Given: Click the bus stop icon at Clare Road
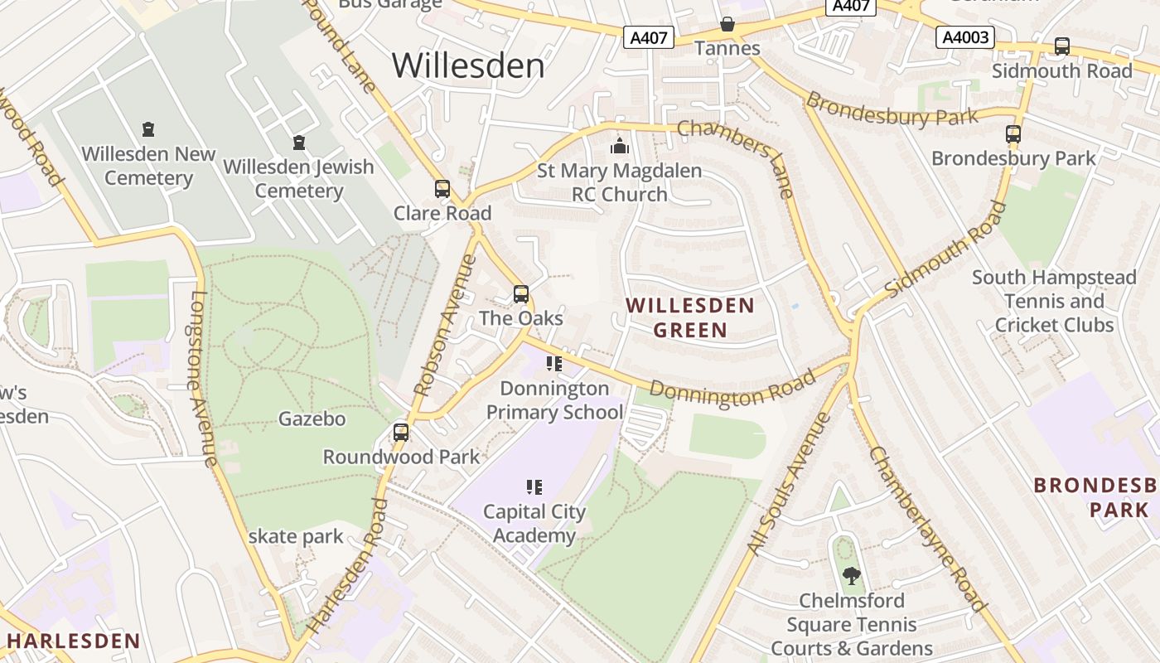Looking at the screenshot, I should (x=442, y=189).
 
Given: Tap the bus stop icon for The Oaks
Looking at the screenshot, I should (x=521, y=294).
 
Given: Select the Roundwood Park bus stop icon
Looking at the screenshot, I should (x=401, y=432).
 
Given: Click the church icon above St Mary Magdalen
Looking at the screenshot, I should (x=620, y=146).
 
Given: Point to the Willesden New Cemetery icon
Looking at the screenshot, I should (x=148, y=129).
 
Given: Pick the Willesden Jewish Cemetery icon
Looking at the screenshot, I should (x=299, y=143).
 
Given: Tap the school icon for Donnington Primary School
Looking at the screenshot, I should (x=554, y=364).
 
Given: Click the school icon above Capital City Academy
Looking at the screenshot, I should (x=534, y=487).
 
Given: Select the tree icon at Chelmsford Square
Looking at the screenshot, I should (x=851, y=575).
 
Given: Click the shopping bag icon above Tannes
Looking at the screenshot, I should (x=727, y=24).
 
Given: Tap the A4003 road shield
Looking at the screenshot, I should (x=965, y=37).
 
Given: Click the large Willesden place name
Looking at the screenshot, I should (x=468, y=65).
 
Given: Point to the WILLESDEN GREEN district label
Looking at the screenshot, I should (x=690, y=317).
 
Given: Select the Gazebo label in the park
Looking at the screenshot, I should (x=312, y=419).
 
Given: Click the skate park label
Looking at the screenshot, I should (x=296, y=536).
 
